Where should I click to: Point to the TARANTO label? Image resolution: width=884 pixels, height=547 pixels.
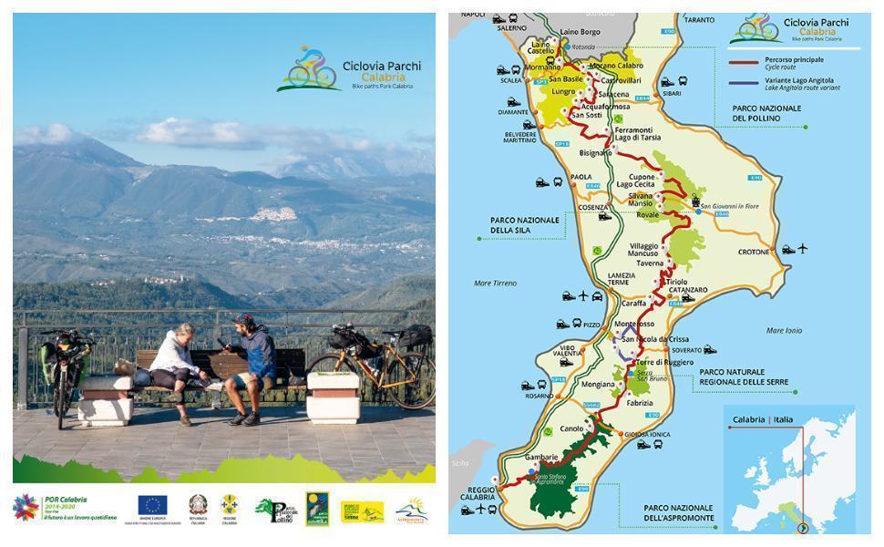pyautogui.click(x=725, y=19)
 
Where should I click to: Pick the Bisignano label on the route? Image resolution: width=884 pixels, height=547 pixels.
pyautogui.click(x=595, y=153)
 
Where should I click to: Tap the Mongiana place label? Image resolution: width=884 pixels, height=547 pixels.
pyautogui.click(x=598, y=385)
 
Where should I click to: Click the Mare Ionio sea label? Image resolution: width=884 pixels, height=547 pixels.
pyautogui.click(x=785, y=330)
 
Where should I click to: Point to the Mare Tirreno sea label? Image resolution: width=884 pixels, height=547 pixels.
pyautogui.click(x=496, y=284)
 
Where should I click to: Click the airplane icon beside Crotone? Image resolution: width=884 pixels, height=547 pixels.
pyautogui.click(x=802, y=248)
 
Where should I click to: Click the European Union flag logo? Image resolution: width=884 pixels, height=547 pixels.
pyautogui.click(x=151, y=504)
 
